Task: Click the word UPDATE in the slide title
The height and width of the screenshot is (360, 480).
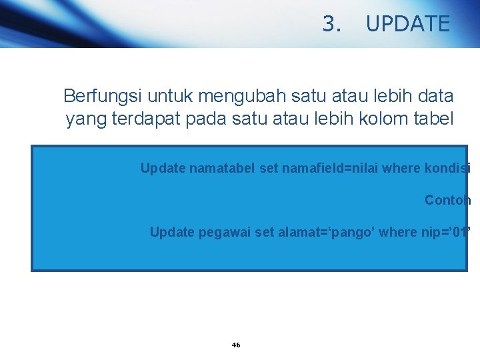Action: pyautogui.click(x=408, y=24)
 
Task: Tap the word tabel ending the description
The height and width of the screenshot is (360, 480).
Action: pyautogui.click(x=437, y=119)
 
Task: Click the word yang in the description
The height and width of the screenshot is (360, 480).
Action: pyautogui.click(x=81, y=119)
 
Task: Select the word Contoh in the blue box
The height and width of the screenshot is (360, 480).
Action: pyautogui.click(x=447, y=200)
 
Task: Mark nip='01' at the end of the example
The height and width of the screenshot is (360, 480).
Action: pyautogui.click(x=449, y=232)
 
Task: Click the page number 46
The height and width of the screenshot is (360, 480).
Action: pyautogui.click(x=235, y=345)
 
